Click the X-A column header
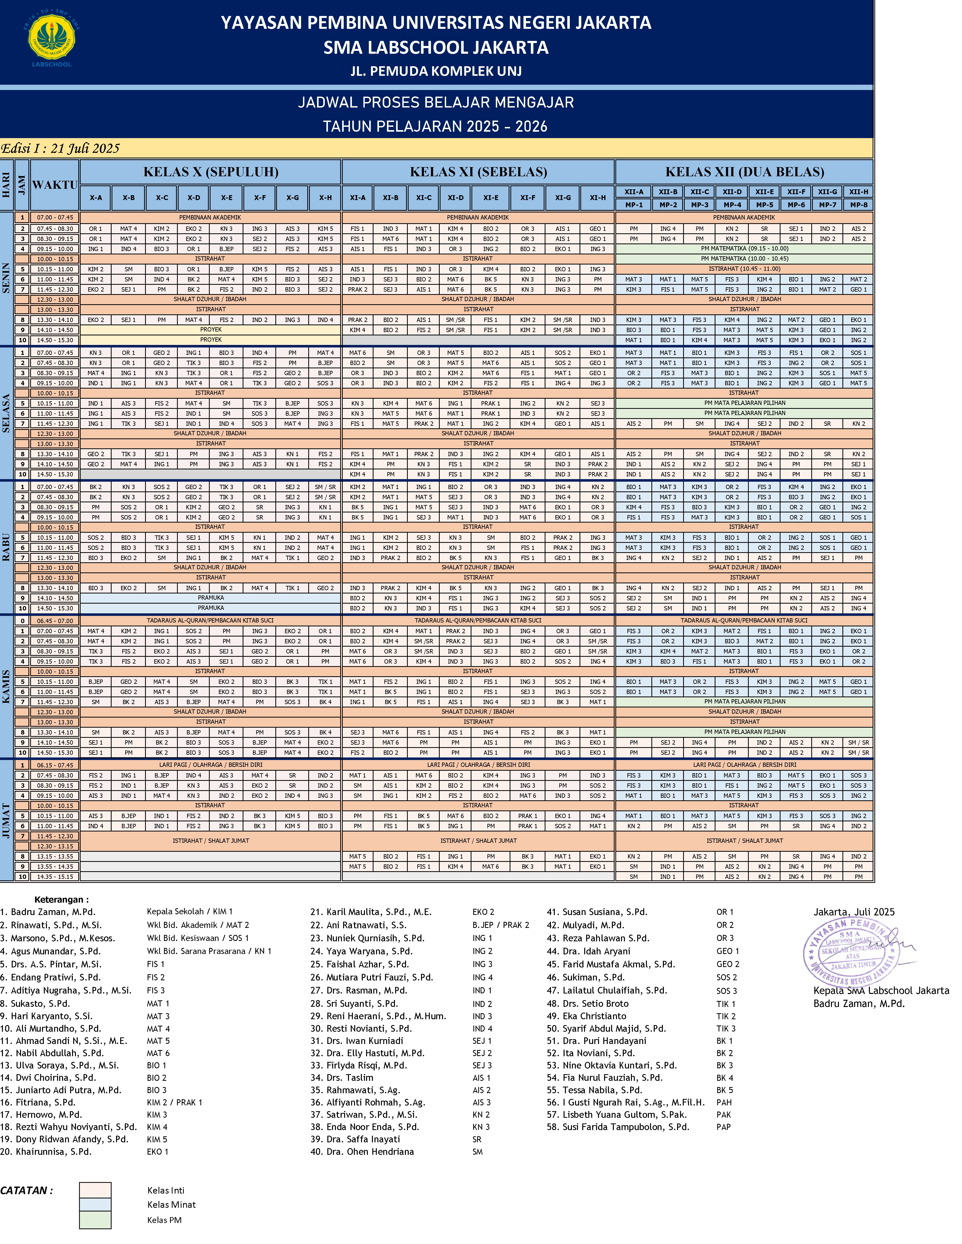click(96, 198)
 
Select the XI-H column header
click(597, 198)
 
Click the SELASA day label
click(6, 413)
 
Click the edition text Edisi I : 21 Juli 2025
click(60, 149)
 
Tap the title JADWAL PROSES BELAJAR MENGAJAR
click(436, 102)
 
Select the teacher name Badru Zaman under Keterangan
click(52, 912)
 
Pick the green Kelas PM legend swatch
click(95, 1219)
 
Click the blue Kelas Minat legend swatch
click(95, 1204)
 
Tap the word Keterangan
click(62, 899)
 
